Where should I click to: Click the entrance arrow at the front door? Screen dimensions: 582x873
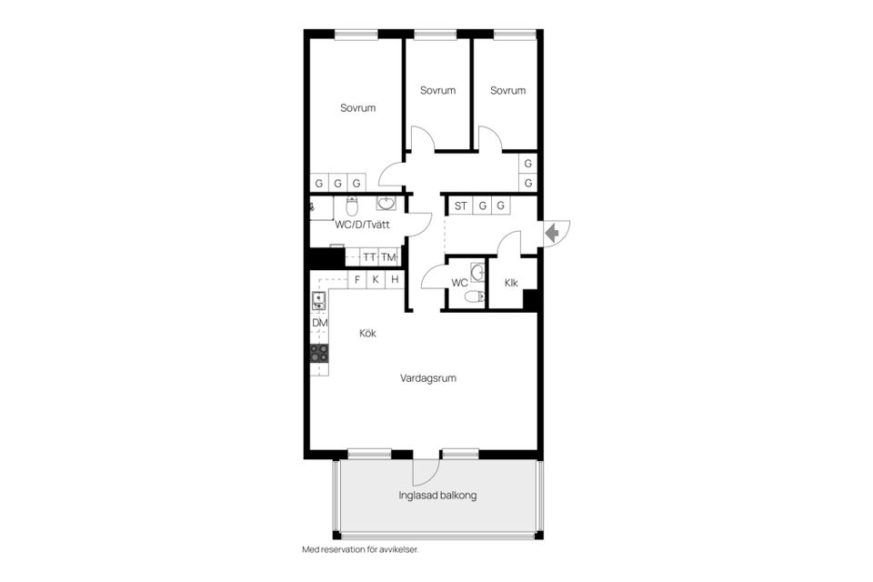(552, 233)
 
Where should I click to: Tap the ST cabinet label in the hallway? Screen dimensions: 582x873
(461, 206)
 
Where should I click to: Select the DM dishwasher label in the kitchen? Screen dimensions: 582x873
(320, 323)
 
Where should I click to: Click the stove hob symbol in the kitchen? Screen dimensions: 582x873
(319, 354)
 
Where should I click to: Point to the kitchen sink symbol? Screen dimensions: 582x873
(319, 301)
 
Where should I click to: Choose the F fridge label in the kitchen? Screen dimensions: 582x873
(357, 280)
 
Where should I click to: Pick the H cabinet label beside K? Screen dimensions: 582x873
(395, 280)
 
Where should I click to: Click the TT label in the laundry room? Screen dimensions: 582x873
(369, 257)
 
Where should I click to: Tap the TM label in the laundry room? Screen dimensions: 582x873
(388, 257)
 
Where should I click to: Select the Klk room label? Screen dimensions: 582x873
(511, 283)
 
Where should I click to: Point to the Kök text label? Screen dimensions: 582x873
(367, 334)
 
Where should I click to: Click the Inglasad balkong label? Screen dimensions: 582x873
(437, 497)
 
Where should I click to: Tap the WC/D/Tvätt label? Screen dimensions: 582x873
(363, 225)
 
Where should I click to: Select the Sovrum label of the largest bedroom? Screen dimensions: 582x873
(357, 108)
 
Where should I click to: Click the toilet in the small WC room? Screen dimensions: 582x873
(472, 296)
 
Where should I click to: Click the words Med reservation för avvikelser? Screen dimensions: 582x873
(360, 550)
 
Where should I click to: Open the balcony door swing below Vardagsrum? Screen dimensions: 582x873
(426, 470)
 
